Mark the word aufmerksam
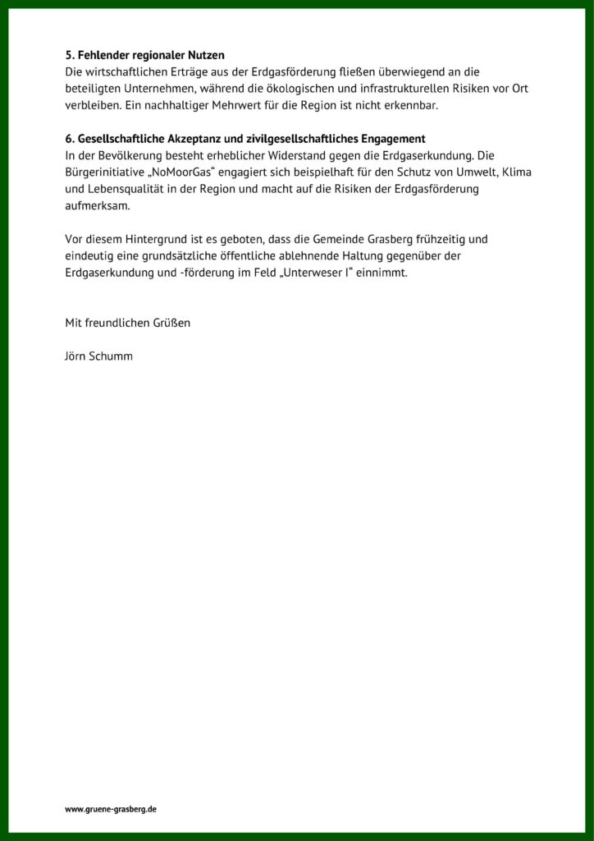coord(97,206)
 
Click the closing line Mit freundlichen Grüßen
coord(127,323)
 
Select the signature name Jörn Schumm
coord(98,356)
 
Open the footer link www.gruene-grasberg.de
coord(111,809)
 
